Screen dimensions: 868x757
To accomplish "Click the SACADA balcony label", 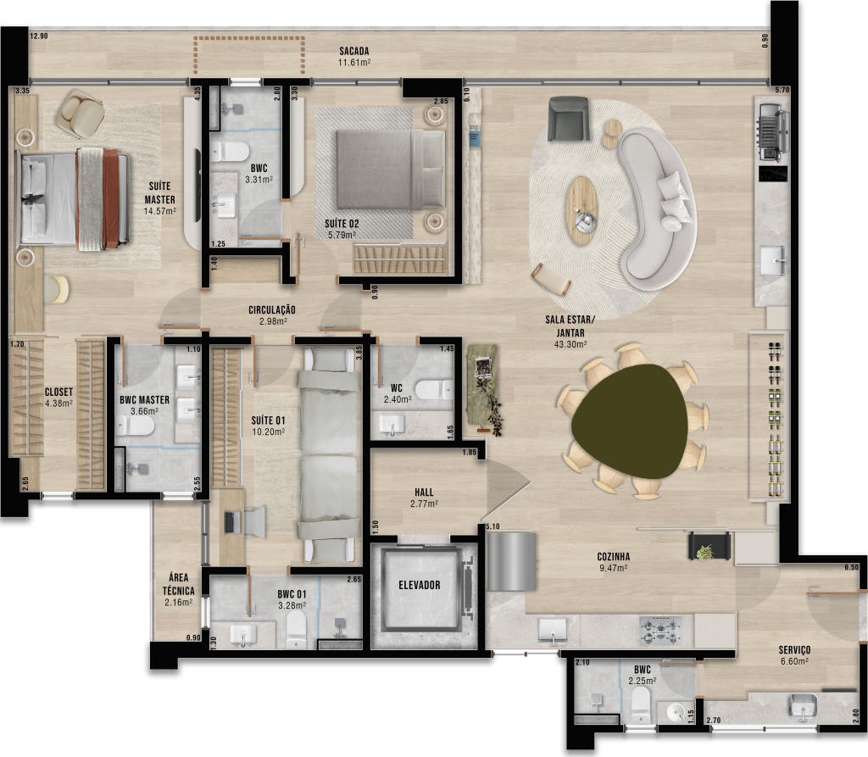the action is (x=354, y=52).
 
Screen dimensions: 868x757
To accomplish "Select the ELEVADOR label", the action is (x=419, y=585).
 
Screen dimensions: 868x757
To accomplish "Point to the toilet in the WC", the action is (x=434, y=389).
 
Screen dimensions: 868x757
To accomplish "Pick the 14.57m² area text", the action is (x=160, y=211).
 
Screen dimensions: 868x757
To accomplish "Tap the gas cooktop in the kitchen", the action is (x=660, y=630).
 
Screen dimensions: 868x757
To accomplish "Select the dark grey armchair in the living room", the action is (x=568, y=118).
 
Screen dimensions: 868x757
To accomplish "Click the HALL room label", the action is (x=424, y=493).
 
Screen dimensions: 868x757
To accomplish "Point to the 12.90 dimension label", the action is (x=39, y=36).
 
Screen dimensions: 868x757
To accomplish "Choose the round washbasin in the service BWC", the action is (x=675, y=711).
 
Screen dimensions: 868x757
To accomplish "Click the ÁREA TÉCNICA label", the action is (x=178, y=584).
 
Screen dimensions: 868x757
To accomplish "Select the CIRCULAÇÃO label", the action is (x=272, y=310).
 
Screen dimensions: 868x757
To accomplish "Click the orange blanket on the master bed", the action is (x=111, y=198).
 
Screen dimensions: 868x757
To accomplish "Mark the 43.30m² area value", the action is (x=570, y=344).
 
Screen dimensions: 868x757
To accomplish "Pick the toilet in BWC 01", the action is (x=296, y=630).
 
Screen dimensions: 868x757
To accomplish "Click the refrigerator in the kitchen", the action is (x=511, y=561).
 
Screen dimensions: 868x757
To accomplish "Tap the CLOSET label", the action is (x=58, y=392).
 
